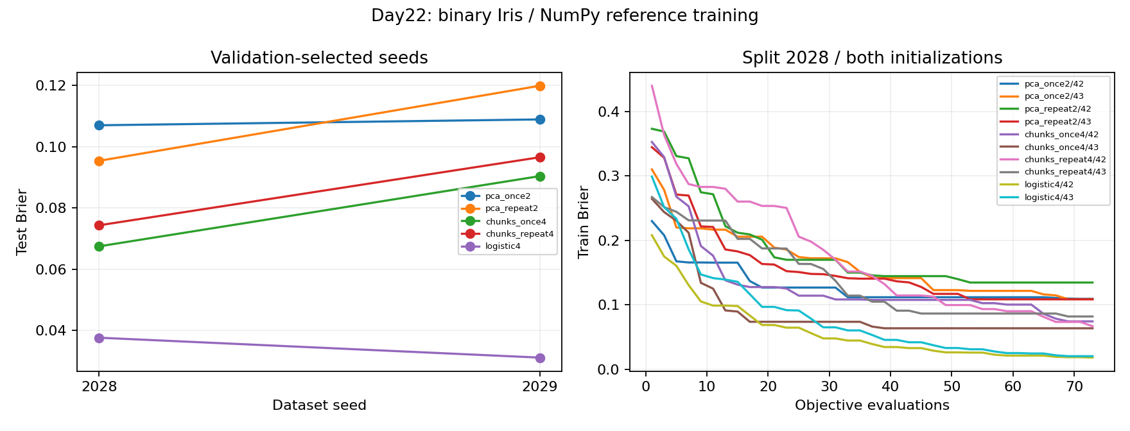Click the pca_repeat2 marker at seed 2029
tap(540, 86)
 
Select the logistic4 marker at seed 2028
tap(99, 338)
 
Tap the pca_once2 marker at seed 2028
tap(99, 125)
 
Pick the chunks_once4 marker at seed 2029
tap(540, 176)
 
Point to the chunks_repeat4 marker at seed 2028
tap(99, 225)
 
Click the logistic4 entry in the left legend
tap(503, 246)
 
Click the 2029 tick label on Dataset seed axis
tap(540, 387)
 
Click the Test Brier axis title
tap(22, 222)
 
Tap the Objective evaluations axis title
tap(872, 405)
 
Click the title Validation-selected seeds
tap(319, 58)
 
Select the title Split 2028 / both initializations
tap(872, 58)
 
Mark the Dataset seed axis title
tap(319, 405)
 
